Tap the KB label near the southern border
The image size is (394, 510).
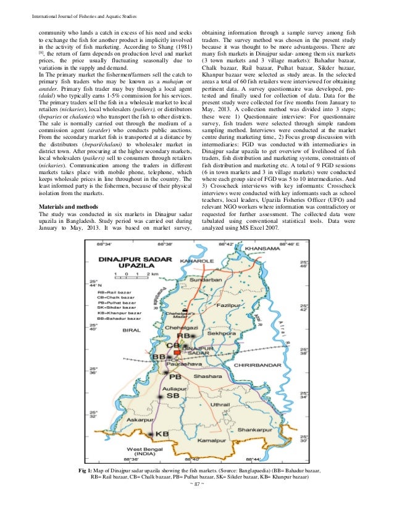pos(161,434)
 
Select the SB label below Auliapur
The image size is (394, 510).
pos(174,395)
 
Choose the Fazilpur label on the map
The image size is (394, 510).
pos(232,306)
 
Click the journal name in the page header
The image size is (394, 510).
pos(79,8)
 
